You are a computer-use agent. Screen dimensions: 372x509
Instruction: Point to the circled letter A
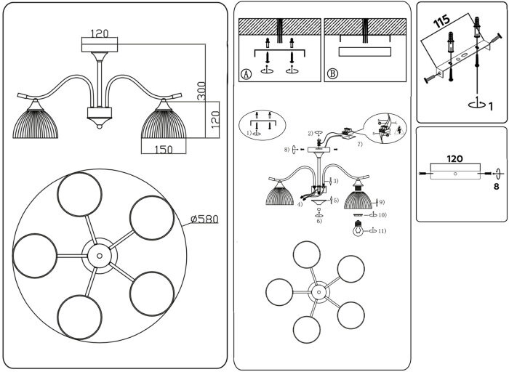click(246, 73)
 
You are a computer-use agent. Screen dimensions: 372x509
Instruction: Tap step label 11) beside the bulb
click(382, 231)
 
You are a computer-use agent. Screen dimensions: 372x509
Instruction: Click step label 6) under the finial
click(319, 220)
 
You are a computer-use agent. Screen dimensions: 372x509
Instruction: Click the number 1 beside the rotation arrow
click(490, 107)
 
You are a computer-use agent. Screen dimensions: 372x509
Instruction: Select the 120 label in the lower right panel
click(454, 157)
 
